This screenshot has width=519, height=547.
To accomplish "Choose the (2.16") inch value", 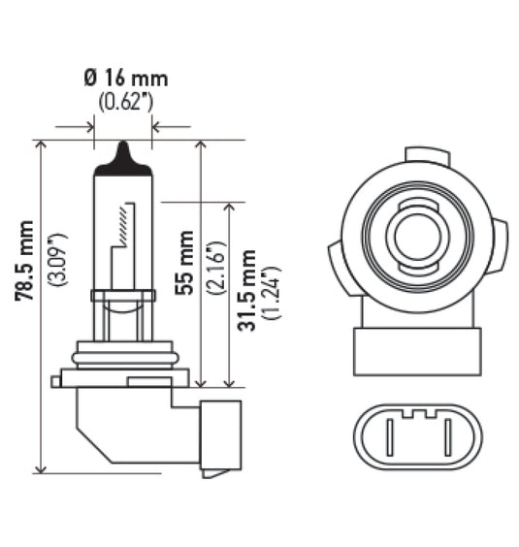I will (214, 263).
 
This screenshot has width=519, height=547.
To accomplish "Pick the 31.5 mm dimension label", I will (246, 290).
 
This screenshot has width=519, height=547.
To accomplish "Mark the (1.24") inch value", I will (272, 290).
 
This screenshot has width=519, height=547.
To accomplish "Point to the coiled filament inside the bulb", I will (121, 224).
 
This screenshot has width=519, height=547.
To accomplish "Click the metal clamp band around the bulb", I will (122, 296).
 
